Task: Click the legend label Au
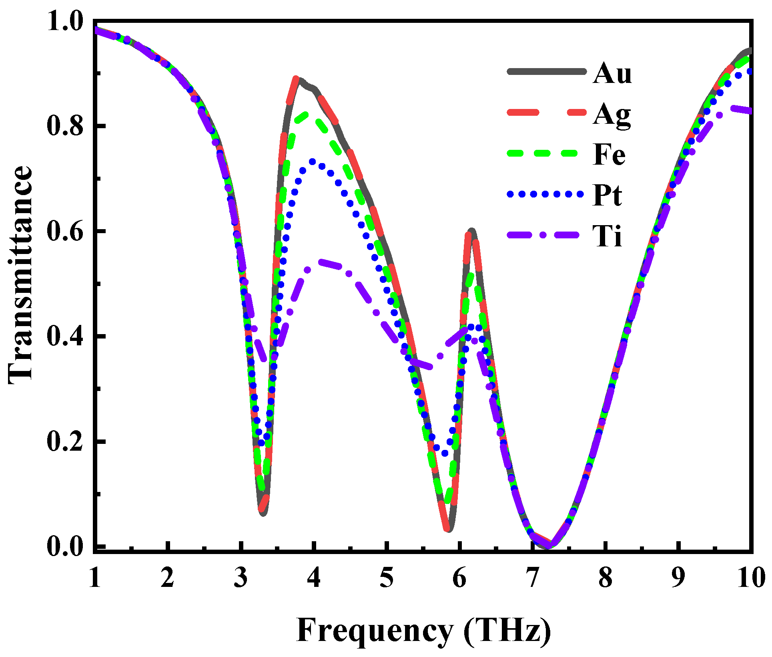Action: [x=612, y=73]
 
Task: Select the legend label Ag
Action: [x=612, y=115]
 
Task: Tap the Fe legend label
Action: [x=609, y=155]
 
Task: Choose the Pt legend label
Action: [x=608, y=195]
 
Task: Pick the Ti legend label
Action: [x=607, y=236]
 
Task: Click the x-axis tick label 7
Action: [x=533, y=578]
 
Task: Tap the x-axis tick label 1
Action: [x=95, y=578]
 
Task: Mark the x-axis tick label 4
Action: [x=314, y=578]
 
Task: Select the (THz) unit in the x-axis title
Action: [x=507, y=631]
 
